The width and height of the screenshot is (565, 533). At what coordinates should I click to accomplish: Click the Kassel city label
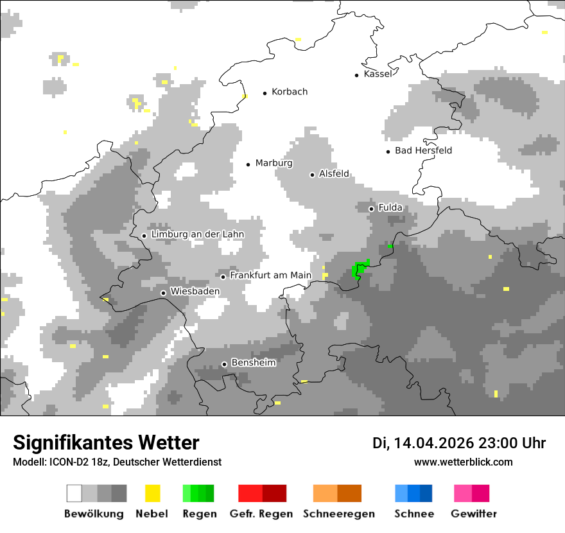click(x=378, y=74)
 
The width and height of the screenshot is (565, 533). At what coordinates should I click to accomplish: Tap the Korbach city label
click(x=290, y=92)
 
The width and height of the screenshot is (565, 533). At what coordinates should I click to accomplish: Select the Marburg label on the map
click(x=274, y=163)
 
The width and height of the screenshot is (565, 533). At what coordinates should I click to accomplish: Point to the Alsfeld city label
click(x=334, y=174)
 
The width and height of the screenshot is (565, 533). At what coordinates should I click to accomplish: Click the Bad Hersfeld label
click(x=423, y=151)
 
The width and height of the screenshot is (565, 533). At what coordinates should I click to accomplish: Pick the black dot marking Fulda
click(x=371, y=209)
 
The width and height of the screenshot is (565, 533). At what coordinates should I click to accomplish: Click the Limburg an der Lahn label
click(x=197, y=235)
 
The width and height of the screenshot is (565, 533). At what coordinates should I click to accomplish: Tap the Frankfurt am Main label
click(x=270, y=275)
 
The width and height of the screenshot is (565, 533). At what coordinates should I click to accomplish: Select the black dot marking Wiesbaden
click(x=164, y=293)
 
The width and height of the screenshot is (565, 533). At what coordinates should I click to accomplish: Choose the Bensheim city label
click(x=253, y=363)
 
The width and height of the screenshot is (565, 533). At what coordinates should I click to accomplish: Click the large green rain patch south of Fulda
click(x=360, y=269)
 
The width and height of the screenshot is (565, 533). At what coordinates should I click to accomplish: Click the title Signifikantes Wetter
click(x=106, y=443)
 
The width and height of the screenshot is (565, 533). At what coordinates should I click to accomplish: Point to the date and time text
click(x=459, y=443)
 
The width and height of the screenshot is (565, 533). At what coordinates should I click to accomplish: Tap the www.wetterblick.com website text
click(x=463, y=462)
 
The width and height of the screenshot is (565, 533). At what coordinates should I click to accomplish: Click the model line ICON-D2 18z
click(x=117, y=462)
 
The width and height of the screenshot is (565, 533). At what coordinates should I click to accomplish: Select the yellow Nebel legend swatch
click(x=152, y=493)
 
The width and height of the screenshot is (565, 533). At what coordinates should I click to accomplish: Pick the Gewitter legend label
click(x=473, y=514)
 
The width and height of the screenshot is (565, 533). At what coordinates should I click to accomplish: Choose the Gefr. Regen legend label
click(x=261, y=514)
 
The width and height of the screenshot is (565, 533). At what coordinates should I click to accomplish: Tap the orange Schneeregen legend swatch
click(x=337, y=493)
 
